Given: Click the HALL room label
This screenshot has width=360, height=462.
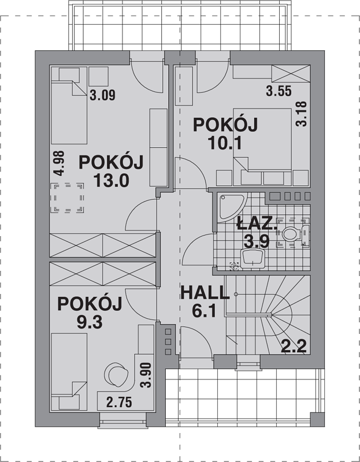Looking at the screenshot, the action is [x=205, y=293].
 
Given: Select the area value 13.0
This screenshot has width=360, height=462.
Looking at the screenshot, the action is [x=112, y=181].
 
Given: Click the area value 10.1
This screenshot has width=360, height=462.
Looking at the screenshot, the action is [x=225, y=143].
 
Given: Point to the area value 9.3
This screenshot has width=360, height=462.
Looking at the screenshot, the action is [x=90, y=322].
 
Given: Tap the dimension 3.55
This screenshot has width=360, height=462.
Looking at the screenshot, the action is [x=279, y=91].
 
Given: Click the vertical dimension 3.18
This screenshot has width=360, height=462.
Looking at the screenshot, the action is [x=301, y=114].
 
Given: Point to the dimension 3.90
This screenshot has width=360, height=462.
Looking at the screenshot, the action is [x=146, y=375].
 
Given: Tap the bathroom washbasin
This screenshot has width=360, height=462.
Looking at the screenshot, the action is [x=252, y=259].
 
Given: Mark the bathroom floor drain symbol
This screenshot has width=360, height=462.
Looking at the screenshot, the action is [x=235, y=266].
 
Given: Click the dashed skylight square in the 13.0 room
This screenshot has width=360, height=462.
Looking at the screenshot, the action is [x=67, y=198].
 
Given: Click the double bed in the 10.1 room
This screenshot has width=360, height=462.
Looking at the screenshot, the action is [x=262, y=139].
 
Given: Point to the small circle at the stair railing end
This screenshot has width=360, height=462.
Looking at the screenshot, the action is [x=236, y=294].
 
